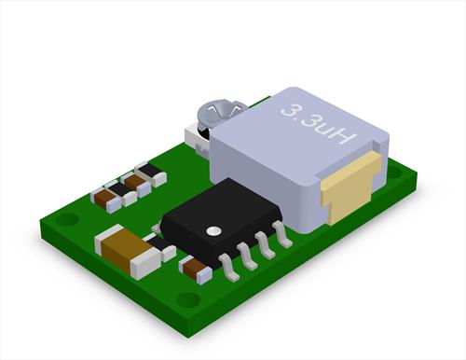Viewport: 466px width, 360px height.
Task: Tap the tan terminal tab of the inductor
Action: pyautogui.click(x=351, y=188)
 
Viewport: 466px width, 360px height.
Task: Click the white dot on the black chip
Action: pyautogui.click(x=213, y=230)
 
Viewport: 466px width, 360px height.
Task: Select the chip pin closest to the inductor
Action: pyautogui.click(x=282, y=234)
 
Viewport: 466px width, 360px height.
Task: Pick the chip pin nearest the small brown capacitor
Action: pyautogui.click(x=230, y=268)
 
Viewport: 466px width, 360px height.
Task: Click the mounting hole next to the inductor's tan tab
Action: pyautogui.click(x=395, y=172)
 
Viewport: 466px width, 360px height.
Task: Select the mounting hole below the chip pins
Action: pyautogui.click(x=188, y=298)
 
